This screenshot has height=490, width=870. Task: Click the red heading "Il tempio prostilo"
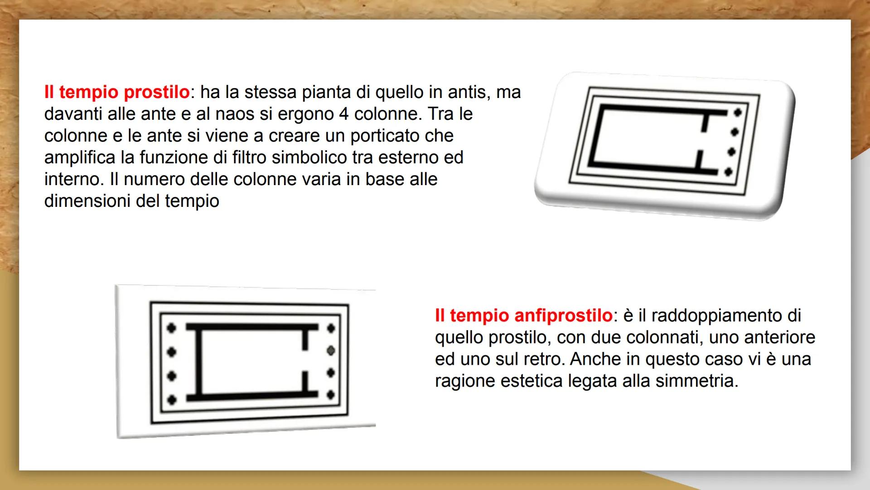116,92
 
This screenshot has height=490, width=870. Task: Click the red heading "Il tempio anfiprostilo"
523,315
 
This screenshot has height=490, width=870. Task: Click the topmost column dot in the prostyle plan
737,112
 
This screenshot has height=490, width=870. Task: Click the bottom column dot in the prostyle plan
729,172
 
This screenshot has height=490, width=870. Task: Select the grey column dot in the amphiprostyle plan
331,351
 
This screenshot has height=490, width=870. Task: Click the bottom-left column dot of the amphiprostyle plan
171,400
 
